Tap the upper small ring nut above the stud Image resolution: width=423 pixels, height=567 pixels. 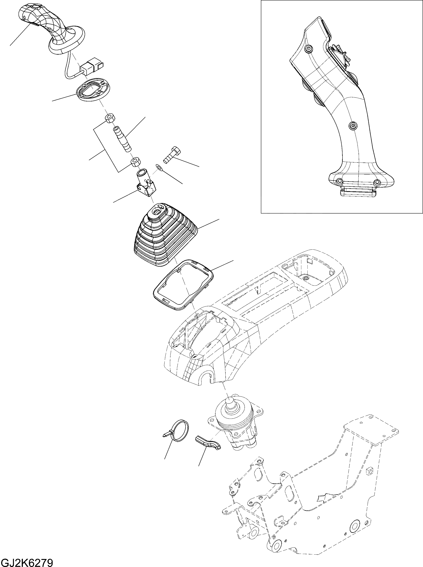pos(110,118)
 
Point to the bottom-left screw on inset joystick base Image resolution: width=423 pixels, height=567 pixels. pos(339,181)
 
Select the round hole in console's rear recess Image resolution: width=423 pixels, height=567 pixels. pos(305,278)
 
